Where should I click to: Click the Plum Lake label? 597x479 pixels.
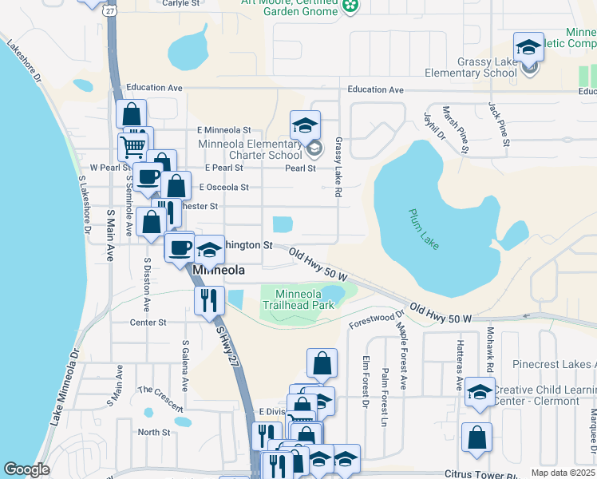point(424,228)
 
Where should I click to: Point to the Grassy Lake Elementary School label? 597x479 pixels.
point(487,68)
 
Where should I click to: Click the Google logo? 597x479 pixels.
point(27,469)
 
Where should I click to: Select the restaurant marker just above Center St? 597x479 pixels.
point(208,300)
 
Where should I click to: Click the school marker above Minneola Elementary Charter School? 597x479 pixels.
point(304,125)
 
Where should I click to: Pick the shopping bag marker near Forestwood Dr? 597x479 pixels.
point(321,363)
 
